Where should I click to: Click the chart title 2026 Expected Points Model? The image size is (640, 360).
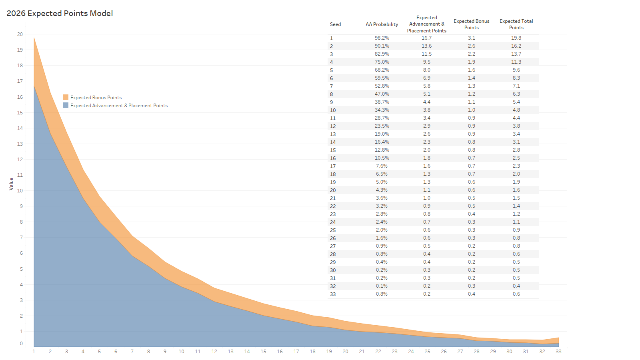pos(60,13)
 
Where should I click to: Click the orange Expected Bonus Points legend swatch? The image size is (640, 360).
pos(66,97)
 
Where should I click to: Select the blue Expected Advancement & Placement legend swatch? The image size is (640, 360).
pos(66,105)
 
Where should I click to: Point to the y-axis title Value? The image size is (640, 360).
pos(11,184)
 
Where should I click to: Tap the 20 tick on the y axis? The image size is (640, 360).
pos(20,34)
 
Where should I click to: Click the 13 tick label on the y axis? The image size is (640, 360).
pos(20,144)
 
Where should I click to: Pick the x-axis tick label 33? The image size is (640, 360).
pos(558,352)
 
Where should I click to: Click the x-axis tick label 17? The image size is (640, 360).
pos(296,352)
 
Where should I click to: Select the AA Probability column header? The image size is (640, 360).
pos(382,24)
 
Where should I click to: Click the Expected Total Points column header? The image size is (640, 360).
pos(516,24)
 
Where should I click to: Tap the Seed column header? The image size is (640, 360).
pos(335,24)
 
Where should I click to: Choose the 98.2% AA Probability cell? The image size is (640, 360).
pos(382,38)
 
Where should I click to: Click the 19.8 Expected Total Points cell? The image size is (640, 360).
pos(516,38)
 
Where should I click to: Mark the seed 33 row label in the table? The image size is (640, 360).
pos(333,294)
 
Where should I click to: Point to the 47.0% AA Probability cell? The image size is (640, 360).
pos(382,94)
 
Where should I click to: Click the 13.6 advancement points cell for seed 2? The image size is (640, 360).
pos(426,46)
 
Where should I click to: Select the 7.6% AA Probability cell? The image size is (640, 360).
pos(382,166)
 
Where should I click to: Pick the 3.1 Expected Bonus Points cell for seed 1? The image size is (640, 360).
pos(472,38)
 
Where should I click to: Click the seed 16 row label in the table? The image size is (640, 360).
pos(333,158)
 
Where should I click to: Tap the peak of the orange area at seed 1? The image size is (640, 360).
pos(34,38)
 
